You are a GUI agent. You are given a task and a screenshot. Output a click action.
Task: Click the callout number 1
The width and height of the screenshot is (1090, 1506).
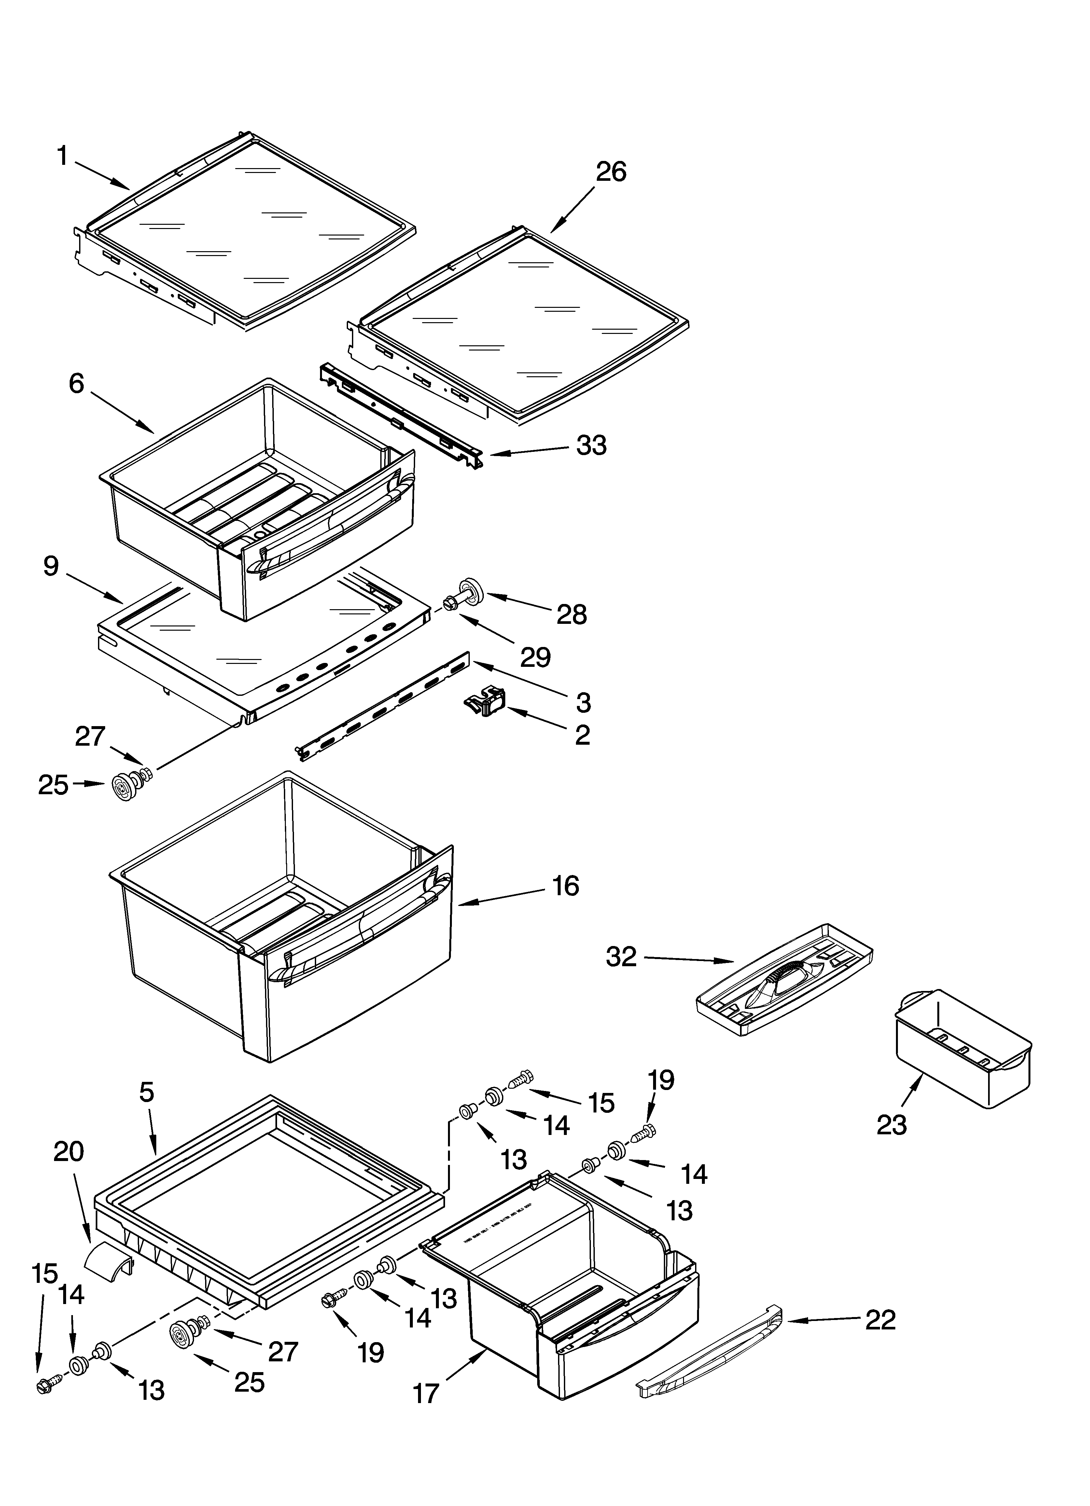pyautogui.click(x=63, y=157)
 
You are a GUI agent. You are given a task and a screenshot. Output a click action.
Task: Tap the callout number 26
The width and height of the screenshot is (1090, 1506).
pyautogui.click(x=611, y=172)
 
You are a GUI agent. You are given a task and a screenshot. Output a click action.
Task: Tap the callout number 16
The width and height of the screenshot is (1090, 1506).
pyautogui.click(x=566, y=886)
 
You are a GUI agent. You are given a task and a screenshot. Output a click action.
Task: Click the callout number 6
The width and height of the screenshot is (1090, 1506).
pyautogui.click(x=76, y=383)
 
